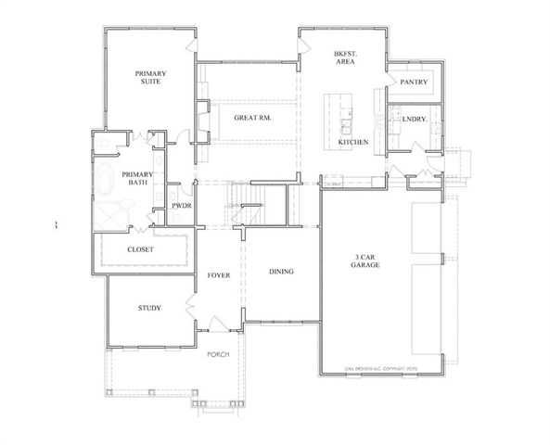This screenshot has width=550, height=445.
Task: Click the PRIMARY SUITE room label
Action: pos(148,78)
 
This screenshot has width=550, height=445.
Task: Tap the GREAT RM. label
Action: pos(251,119)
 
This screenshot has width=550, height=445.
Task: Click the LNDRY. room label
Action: pos(415,120)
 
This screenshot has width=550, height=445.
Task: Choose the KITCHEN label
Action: pos(353,142)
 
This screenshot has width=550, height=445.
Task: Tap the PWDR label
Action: pos(181,205)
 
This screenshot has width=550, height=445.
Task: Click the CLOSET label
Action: pos(140,250)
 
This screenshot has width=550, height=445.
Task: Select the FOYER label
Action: pos(218,274)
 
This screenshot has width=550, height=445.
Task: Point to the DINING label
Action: pos(281,272)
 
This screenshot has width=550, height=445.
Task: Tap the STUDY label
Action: pos(149,308)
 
